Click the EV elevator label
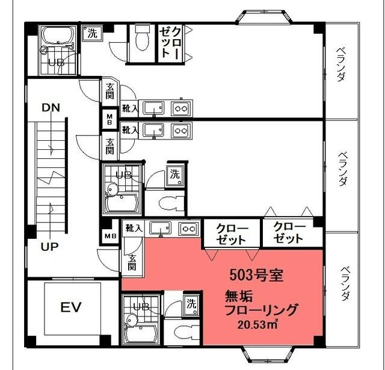pos(71,307)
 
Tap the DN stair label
pos(51,108)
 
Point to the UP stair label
pos(50,247)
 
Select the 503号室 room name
pos(257,275)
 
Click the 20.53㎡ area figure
pos(257,325)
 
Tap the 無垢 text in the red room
pos(239,296)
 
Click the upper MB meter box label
pos(109,119)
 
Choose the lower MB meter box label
pos(111,236)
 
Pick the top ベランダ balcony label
pos(341,64)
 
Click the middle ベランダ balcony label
pos(343,169)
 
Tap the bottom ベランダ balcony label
pos(345,284)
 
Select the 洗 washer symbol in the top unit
pos(92,33)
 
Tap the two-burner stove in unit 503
pos(189,229)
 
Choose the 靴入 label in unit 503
pos(134,229)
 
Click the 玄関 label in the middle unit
pos(110,147)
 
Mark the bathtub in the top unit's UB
pos(58,35)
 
